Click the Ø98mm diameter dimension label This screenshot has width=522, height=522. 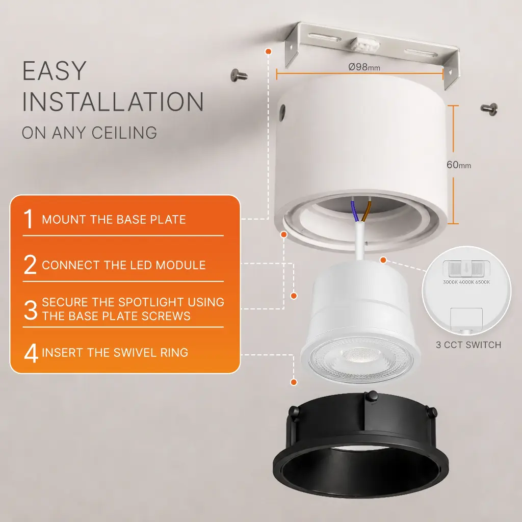coord(364,67)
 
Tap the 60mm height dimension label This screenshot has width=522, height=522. coord(459,165)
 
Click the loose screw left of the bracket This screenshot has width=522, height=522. coord(239,75)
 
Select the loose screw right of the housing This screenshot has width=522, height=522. coord(489,109)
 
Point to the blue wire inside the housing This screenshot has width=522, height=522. coord(355,211)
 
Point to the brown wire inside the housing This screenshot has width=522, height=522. coord(367,211)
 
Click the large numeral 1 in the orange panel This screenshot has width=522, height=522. coord(29,219)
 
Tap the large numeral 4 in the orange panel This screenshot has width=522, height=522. coord(31,353)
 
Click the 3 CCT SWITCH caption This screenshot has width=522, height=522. coord(468,345)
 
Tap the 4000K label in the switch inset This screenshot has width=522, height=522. coord(466,282)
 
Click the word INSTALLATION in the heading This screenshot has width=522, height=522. coord(113,101)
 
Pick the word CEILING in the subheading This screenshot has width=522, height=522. coord(124,133)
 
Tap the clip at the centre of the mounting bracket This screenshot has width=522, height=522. coord(366,45)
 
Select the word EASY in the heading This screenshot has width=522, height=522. coord(54,70)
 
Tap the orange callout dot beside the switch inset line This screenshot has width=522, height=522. coord(383,260)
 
